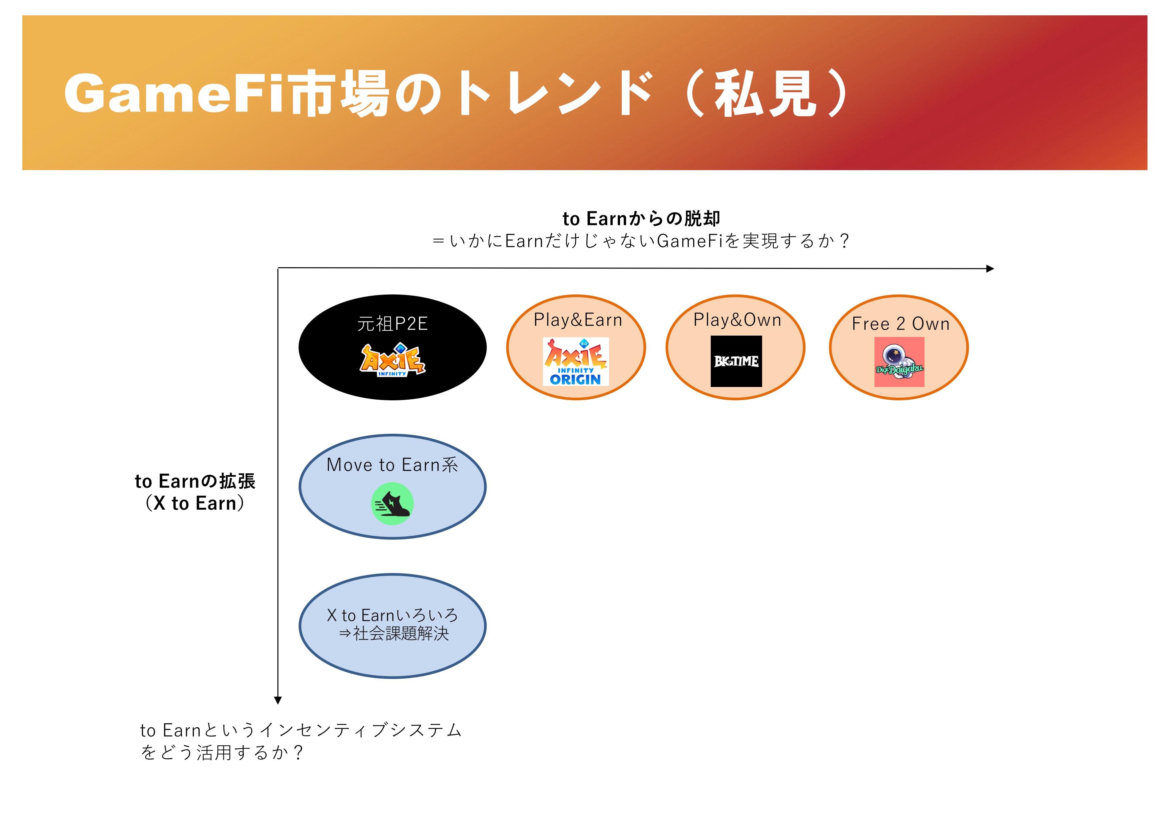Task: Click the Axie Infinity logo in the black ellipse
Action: pyautogui.click(x=392, y=360)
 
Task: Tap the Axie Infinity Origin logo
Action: pyautogui.click(x=575, y=361)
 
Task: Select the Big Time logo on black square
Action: pyautogui.click(x=736, y=361)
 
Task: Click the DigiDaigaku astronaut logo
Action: pyautogui.click(x=899, y=362)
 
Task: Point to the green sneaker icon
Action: pyautogui.click(x=392, y=503)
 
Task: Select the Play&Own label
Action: pyautogui.click(x=737, y=320)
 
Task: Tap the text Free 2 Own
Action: pyautogui.click(x=901, y=324)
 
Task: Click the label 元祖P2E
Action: pyautogui.click(x=392, y=324)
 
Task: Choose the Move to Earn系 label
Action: pyautogui.click(x=392, y=465)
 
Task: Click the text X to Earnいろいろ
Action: pyautogui.click(x=392, y=615)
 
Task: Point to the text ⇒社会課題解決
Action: pyautogui.click(x=394, y=634)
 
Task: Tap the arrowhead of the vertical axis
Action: pyautogui.click(x=278, y=700)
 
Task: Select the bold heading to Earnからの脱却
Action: pyautogui.click(x=641, y=219)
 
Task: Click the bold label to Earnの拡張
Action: pyautogui.click(x=195, y=481)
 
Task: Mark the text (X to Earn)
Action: pyautogui.click(x=195, y=503)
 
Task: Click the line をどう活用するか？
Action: pyautogui.click(x=222, y=753)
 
